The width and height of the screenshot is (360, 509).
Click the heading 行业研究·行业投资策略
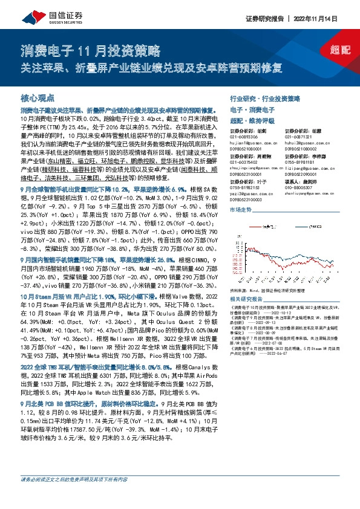tap(264, 98)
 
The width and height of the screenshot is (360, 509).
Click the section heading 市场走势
tap(241, 209)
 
